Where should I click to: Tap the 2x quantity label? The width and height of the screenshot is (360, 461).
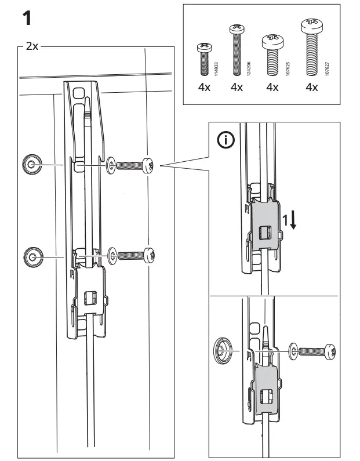click(32, 46)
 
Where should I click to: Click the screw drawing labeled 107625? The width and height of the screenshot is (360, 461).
click(272, 55)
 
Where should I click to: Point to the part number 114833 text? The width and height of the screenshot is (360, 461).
click(216, 67)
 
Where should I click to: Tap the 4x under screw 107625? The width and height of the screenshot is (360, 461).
click(272, 88)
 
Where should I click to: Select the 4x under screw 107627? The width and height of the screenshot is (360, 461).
click(311, 88)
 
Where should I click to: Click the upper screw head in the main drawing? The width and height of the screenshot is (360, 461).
click(149, 165)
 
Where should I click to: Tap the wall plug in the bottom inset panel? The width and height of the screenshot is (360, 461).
click(223, 350)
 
